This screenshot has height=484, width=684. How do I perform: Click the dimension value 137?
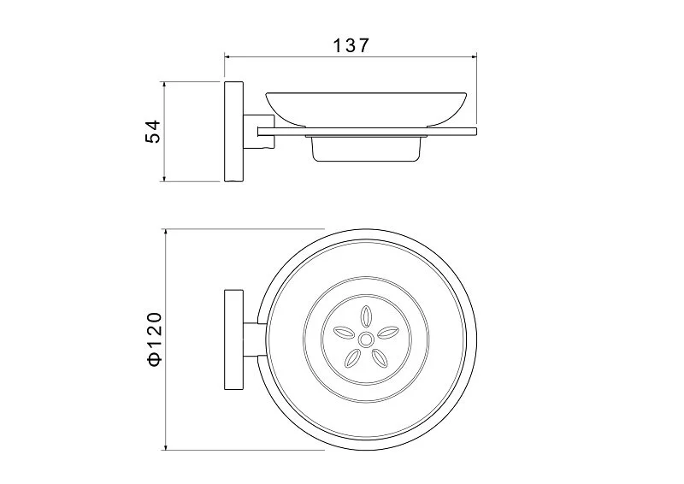(x=351, y=45)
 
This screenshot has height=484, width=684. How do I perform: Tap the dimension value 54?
(x=153, y=131)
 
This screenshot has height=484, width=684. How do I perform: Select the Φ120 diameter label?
(x=155, y=339)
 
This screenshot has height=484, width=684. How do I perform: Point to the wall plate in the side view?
(x=233, y=131)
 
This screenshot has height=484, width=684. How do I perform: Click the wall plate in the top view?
(x=233, y=339)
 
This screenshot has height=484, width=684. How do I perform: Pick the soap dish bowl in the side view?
(x=366, y=109)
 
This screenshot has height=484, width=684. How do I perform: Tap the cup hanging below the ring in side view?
(x=366, y=149)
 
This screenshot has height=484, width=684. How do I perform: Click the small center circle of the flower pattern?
(x=366, y=339)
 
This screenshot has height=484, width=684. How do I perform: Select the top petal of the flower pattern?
(x=366, y=316)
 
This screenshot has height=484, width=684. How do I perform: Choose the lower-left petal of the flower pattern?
(x=352, y=358)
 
